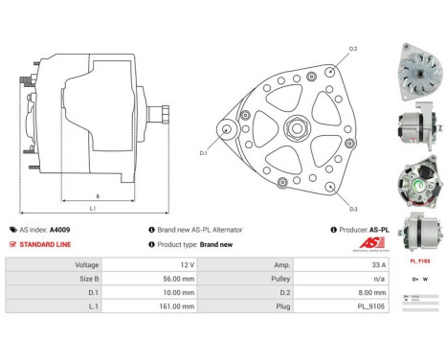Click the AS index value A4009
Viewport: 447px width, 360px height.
[60, 230]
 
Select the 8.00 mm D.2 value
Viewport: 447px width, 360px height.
[374, 292]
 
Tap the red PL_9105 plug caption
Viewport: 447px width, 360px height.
[419, 259]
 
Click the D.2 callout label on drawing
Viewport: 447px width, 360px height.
[352, 48]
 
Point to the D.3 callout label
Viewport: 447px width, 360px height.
[352, 209]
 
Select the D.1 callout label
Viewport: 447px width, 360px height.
[203, 151]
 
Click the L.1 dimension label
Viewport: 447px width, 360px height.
[92, 209]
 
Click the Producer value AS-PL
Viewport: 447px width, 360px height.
[378, 230]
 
